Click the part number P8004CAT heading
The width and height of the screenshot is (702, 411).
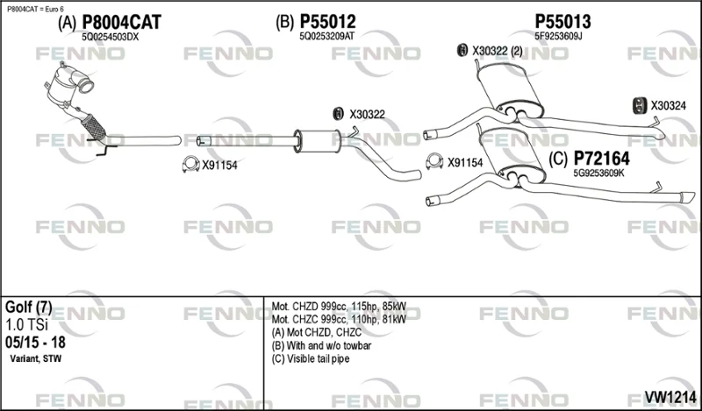tap(121, 22)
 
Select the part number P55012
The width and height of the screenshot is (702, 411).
tap(327, 21)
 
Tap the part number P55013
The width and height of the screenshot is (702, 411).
tap(562, 21)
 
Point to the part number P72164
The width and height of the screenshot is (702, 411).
tap(602, 159)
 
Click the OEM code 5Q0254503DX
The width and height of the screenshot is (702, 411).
tap(111, 37)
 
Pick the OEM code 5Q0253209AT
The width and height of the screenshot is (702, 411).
tap(326, 37)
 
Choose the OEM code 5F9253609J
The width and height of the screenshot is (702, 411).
tap(558, 37)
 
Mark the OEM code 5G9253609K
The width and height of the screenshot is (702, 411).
tap(598, 174)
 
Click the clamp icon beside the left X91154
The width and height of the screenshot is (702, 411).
tap(190, 165)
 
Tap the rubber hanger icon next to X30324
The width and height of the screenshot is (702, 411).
tap(639, 105)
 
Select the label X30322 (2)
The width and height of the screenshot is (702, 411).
tap(498, 52)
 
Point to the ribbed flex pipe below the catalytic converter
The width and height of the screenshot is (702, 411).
tap(94, 126)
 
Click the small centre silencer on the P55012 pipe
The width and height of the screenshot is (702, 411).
tap(318, 141)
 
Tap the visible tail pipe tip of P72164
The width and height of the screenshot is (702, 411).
tap(687, 197)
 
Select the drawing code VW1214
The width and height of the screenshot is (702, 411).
tap(670, 397)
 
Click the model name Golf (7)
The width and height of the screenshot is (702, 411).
tap(29, 308)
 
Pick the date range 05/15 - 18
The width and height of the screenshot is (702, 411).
tap(35, 343)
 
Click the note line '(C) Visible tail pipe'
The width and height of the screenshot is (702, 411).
tap(311, 358)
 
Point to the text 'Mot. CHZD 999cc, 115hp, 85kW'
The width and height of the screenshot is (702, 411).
tap(339, 307)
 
